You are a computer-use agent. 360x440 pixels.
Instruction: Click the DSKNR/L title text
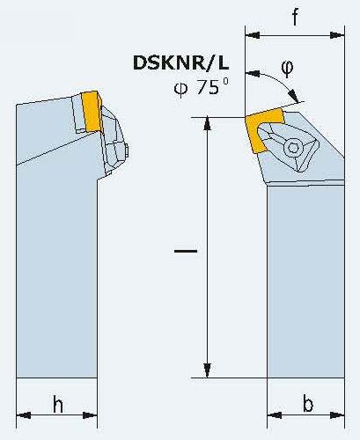[180, 62]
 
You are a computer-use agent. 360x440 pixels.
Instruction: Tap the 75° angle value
[212, 86]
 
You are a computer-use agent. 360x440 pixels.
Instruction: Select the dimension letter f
[295, 17]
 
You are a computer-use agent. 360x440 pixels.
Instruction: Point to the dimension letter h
[58, 404]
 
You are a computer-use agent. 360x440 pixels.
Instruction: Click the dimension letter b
[308, 404]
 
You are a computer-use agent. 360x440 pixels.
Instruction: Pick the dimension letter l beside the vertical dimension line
[186, 251]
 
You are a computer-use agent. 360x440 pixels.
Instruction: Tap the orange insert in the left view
[92, 111]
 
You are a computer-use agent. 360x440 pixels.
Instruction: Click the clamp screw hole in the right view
[293, 147]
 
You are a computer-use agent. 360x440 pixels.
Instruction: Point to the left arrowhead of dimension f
[253, 35]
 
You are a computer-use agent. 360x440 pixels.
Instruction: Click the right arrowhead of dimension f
[337, 35]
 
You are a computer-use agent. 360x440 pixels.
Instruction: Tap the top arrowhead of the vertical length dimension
[207, 124]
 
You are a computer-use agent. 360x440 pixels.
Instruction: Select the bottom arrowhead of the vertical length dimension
[207, 370]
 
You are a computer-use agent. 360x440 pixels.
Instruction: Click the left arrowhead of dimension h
[24, 415]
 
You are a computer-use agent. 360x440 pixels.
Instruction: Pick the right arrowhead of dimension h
[90, 415]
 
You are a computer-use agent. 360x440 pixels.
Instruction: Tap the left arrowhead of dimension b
[275, 415]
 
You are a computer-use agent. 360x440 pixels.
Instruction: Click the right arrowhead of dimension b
[337, 415]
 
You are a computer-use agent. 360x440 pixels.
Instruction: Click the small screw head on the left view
[127, 150]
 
